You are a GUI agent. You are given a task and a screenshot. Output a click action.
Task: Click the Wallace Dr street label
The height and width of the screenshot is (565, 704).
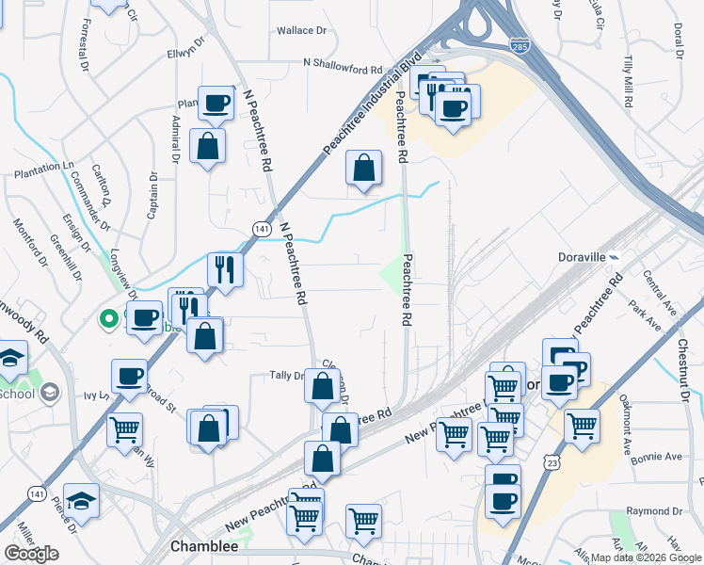[x=301, y=30]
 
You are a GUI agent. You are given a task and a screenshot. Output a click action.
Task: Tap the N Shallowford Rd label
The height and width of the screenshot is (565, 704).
[x=344, y=64]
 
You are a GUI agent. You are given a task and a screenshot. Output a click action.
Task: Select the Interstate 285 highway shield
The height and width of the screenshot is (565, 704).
[x=520, y=45]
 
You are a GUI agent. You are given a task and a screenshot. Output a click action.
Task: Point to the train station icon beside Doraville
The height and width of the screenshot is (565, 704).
[x=614, y=256]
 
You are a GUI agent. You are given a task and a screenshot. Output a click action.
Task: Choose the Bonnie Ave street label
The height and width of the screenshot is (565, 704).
[x=660, y=457]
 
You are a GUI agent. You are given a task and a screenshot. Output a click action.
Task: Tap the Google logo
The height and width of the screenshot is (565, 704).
[x=31, y=554]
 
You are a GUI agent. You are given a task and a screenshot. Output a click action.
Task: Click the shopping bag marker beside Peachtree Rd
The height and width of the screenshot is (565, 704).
[x=364, y=169]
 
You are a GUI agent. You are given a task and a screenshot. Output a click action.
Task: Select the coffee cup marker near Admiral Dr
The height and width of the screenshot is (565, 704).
[x=216, y=103]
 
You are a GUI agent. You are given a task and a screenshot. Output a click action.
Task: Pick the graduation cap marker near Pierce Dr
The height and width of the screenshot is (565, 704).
[x=82, y=500]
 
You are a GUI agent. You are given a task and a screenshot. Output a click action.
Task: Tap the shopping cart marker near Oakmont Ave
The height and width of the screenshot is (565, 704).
[x=583, y=425]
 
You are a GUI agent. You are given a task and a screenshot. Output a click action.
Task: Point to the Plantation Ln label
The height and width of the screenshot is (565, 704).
[x=43, y=166]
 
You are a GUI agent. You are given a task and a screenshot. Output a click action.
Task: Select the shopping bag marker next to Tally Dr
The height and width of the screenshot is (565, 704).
[x=323, y=385]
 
